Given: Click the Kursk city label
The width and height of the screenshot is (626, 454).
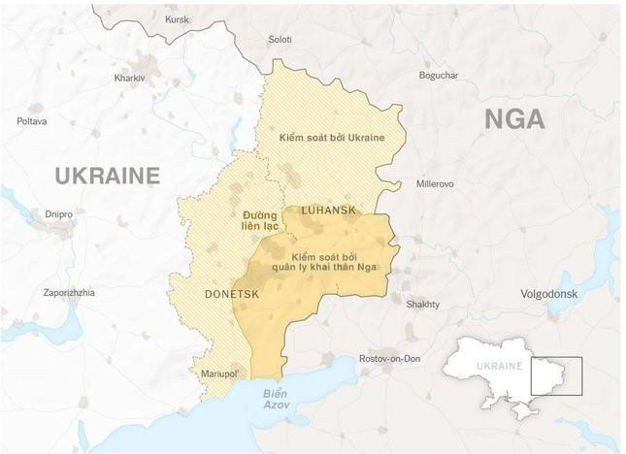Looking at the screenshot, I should (x=178, y=18).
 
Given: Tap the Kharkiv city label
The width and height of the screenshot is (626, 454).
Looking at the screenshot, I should (x=129, y=78).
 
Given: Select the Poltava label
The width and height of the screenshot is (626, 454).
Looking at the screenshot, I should (x=31, y=121).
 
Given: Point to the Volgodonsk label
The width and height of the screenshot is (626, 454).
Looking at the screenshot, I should (x=549, y=293).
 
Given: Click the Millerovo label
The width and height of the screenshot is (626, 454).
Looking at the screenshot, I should (x=435, y=182).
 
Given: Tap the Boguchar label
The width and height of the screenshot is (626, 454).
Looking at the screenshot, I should (x=440, y=75).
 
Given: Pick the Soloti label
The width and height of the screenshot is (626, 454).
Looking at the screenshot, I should (x=280, y=40).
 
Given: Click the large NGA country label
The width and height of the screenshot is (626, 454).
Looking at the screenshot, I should (x=513, y=119).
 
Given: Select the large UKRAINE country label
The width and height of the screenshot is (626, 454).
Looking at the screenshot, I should (x=107, y=176).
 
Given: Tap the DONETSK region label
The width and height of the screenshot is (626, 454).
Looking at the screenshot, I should (x=230, y=292).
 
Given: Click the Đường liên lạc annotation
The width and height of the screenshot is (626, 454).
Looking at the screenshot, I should (x=259, y=219).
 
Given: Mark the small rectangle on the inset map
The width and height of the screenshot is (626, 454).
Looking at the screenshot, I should (x=556, y=376).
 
